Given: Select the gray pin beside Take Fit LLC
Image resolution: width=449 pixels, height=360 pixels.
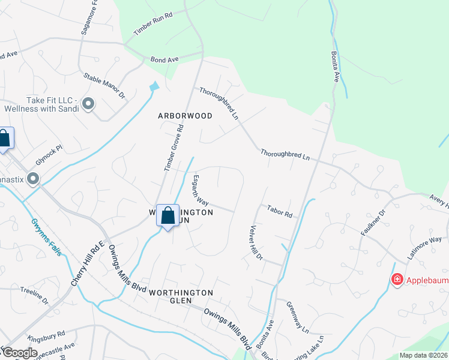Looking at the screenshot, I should [88, 104].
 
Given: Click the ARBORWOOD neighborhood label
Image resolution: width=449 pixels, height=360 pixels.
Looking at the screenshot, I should [185, 116].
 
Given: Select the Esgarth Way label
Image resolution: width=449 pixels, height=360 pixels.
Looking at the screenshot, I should [200, 190].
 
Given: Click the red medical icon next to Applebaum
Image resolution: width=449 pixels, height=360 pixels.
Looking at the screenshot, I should [397, 279].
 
